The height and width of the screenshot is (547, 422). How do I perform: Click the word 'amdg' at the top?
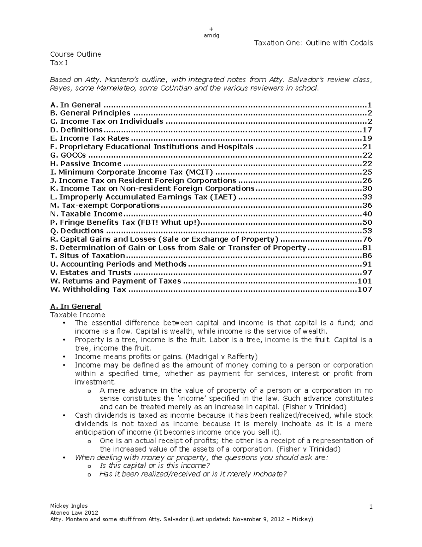coord(211,35)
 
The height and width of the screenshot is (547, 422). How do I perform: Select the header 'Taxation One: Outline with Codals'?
coord(313,43)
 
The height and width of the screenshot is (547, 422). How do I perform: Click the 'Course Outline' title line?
coord(76,54)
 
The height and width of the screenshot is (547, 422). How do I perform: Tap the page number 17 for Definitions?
coord(367,130)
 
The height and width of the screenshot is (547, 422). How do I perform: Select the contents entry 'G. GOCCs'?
coord(68,155)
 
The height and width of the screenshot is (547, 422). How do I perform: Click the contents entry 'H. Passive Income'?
coord(86,164)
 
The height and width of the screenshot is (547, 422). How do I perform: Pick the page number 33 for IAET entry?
coord(367,197)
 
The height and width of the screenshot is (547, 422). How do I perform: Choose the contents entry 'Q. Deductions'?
coord(77,231)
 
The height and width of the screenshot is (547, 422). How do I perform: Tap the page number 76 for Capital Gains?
coord(367,240)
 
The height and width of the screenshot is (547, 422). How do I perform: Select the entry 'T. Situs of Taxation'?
coord(88,256)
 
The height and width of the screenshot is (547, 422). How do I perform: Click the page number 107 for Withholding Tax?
coord(365,290)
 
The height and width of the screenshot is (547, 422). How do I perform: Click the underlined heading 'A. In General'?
coord(76,306)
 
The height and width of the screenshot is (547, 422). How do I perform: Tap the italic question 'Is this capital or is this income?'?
coord(155,466)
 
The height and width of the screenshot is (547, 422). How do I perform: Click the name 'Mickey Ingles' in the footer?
coord(69,506)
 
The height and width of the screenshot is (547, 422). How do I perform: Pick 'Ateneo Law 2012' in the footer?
coord(74,512)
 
